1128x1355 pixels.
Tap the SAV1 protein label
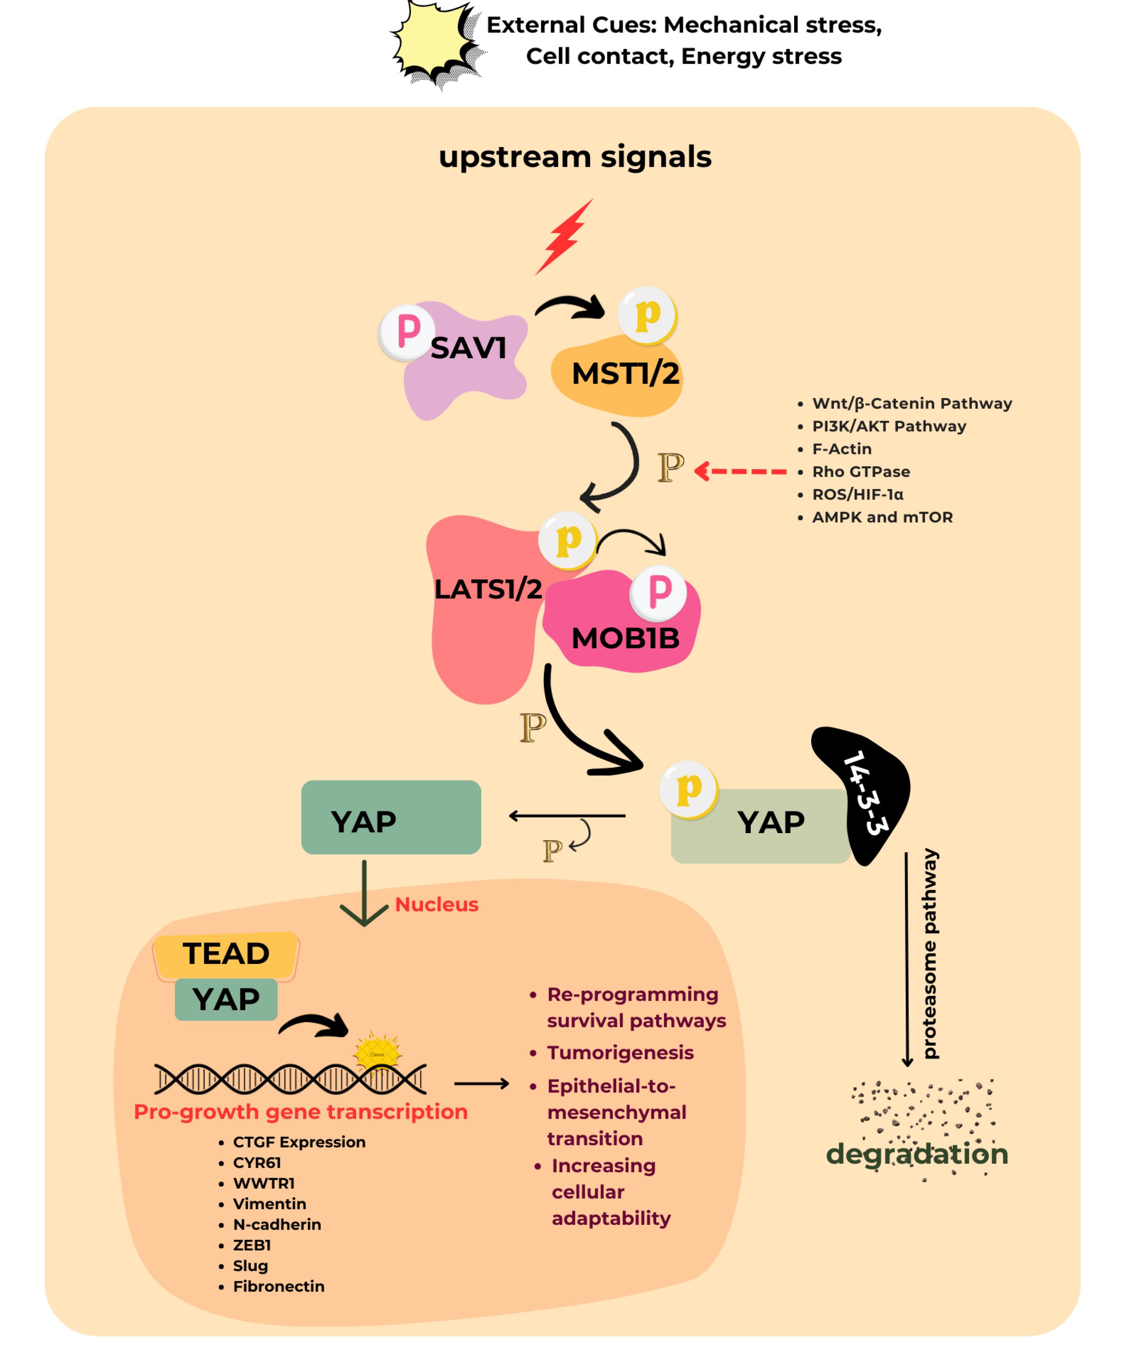click(468, 348)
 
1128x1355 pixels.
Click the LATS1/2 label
click(488, 589)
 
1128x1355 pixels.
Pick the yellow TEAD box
click(226, 954)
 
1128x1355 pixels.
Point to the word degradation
click(916, 1154)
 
